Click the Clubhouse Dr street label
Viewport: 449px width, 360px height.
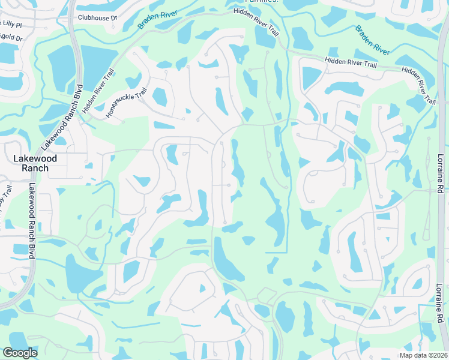click(x=96, y=17)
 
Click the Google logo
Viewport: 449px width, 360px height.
click(x=20, y=353)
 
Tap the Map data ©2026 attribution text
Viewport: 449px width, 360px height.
click(x=424, y=355)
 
